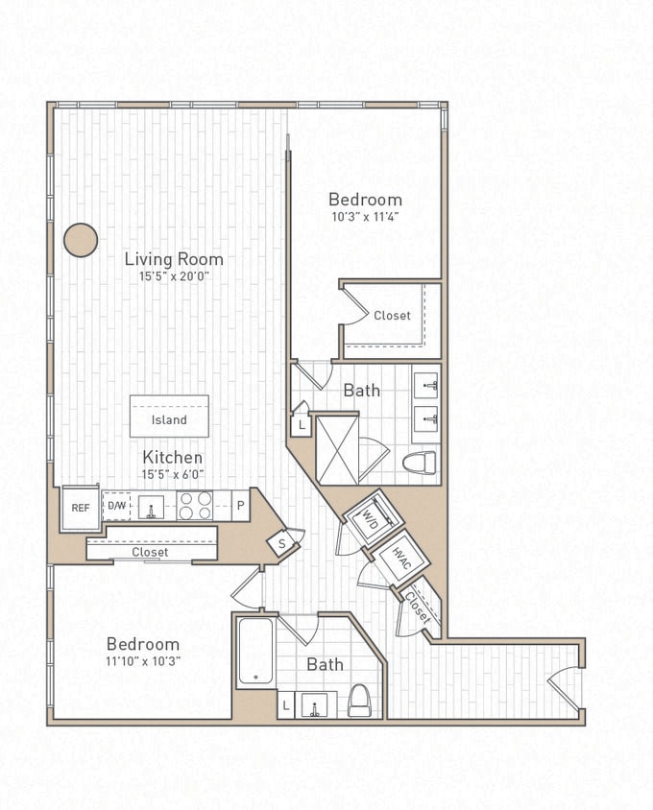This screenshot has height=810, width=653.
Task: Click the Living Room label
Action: click(x=174, y=259)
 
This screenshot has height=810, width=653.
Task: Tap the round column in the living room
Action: click(x=81, y=240)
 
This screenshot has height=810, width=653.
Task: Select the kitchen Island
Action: click(x=169, y=417)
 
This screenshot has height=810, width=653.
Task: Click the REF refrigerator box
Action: click(x=81, y=508)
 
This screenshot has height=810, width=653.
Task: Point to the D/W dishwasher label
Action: click(x=116, y=506)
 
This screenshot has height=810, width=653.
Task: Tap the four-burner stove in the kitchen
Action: click(x=195, y=506)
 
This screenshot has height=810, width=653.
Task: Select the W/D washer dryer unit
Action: click(x=375, y=519)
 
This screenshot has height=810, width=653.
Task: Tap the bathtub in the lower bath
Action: click(x=256, y=652)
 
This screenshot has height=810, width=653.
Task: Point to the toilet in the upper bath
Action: click(x=420, y=463)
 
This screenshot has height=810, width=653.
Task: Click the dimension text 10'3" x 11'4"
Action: click(x=365, y=217)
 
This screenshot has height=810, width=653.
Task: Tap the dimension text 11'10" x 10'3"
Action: click(x=143, y=661)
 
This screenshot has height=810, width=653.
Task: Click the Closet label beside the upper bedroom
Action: click(x=392, y=316)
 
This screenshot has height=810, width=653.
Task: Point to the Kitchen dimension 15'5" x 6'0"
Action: click(x=173, y=474)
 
